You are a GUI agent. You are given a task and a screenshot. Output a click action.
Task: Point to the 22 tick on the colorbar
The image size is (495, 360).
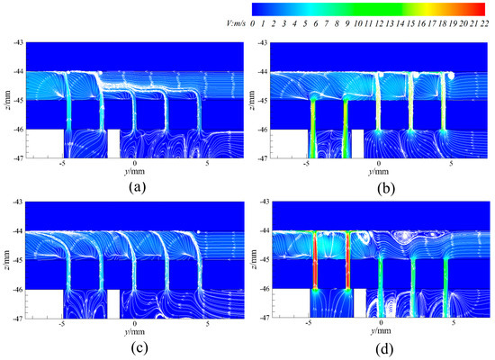[483, 21]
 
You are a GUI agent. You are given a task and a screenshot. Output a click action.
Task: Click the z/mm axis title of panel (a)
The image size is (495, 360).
[7, 100]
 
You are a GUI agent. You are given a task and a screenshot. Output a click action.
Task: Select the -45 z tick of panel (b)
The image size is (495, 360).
[263, 100]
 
